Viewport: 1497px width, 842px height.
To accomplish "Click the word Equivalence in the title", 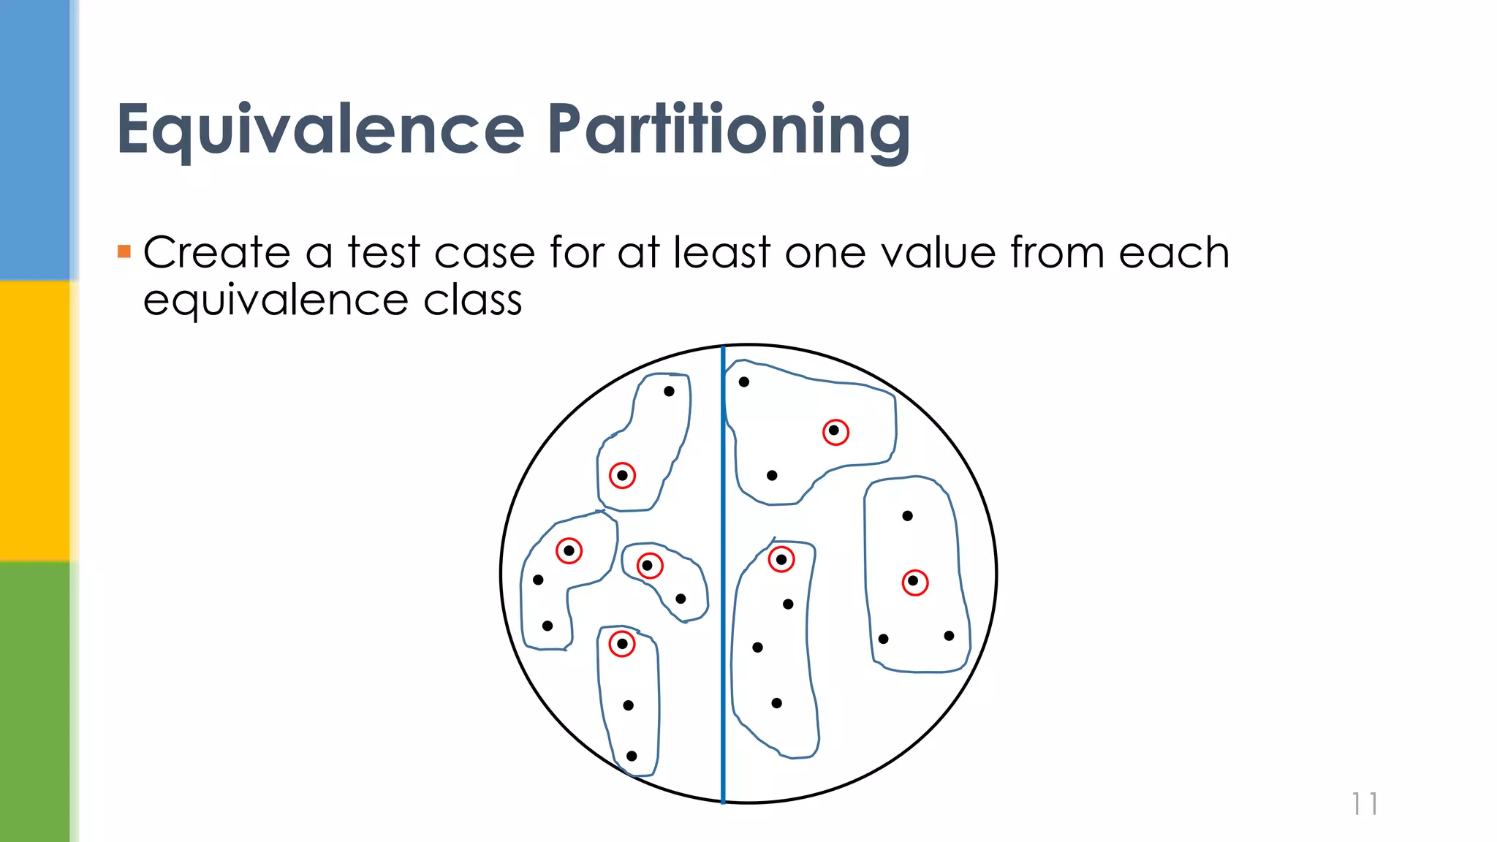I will coord(320,129).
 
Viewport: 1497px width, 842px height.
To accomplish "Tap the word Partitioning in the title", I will coord(729,131).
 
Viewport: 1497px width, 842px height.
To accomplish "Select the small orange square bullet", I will coord(124,252).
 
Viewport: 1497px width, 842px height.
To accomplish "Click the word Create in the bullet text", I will coord(217,253).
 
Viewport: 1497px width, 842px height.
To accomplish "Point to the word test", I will coord(384,253).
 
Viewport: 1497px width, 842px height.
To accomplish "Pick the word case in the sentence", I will coord(485,254).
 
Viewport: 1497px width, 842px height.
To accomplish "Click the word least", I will coord(722,253).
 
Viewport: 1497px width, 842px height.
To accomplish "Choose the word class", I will coord(473,300).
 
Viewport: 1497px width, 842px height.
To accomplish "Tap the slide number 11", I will coord(1364,804).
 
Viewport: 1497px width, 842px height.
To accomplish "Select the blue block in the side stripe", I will coord(35,139).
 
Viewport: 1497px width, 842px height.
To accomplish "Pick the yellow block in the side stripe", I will coord(35,420).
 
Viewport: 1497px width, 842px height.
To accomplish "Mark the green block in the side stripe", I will coord(35,702).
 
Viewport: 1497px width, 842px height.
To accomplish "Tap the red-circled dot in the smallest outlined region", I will coord(648,566).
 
